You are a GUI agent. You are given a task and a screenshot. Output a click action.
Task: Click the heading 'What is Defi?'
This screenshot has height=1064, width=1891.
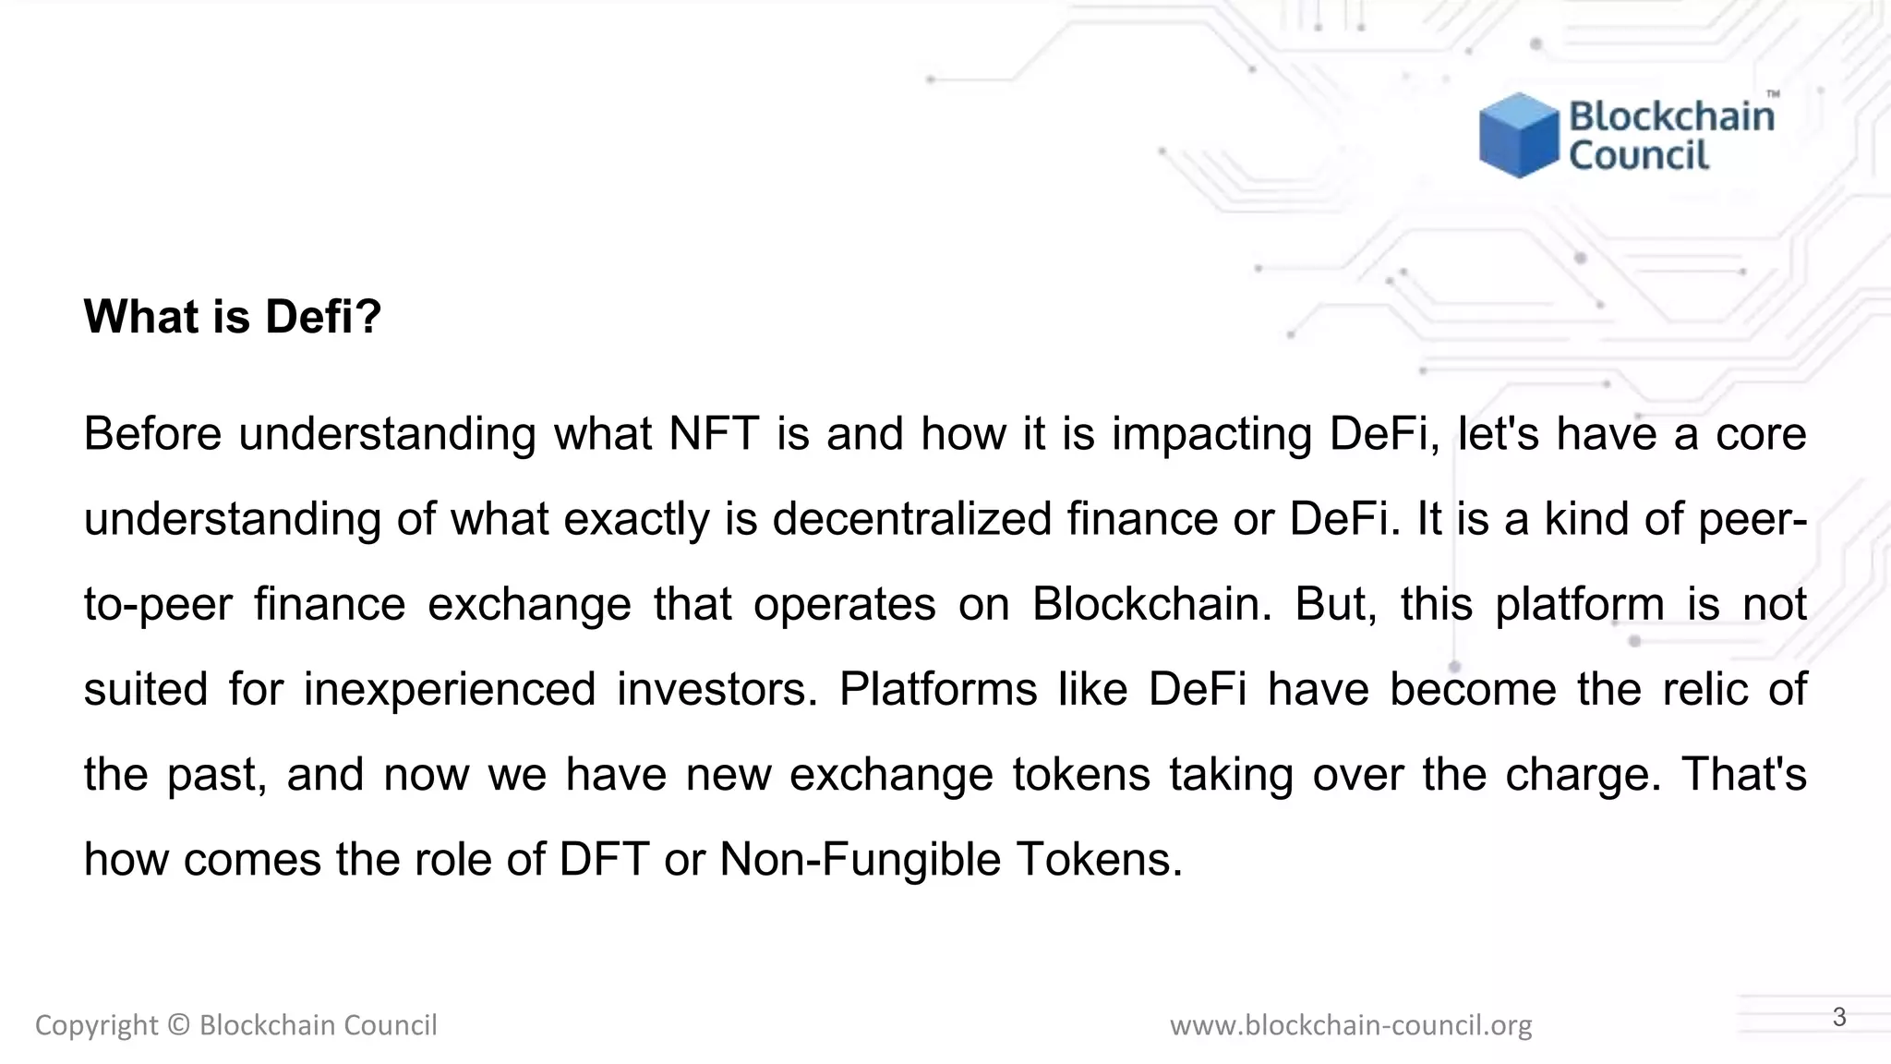[x=232, y=317]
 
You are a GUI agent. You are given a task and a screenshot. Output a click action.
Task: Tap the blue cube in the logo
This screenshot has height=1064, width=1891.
[x=1518, y=135]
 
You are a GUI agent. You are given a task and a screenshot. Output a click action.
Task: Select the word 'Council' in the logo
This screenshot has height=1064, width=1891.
[x=1639, y=155]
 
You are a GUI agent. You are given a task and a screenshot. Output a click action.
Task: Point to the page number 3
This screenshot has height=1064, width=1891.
[x=1839, y=1017]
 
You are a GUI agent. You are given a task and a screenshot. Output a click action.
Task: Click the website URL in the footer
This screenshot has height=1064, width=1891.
[x=1350, y=1025]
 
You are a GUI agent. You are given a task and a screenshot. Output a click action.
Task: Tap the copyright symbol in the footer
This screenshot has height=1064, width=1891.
[x=179, y=1025]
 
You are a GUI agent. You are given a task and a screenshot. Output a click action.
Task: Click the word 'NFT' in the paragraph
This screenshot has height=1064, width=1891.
[x=714, y=433]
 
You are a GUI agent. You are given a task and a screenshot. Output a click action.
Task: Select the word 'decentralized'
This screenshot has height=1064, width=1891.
[x=912, y=518]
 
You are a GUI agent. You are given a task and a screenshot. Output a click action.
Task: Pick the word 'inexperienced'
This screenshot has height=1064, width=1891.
[x=450, y=689]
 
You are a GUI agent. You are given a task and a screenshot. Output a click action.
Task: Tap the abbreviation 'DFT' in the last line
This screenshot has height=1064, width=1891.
[x=604, y=859]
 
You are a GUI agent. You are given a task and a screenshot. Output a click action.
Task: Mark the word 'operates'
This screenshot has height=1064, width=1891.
[x=844, y=604]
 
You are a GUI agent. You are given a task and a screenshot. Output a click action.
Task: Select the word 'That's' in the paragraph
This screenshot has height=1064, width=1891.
[x=1743, y=774]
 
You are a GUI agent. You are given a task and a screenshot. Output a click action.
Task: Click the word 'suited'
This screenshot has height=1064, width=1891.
[x=146, y=689]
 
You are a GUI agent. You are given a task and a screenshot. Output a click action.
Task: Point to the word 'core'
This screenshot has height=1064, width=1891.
[x=1761, y=433]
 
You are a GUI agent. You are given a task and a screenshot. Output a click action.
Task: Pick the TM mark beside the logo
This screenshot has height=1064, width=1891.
[x=1773, y=94]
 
